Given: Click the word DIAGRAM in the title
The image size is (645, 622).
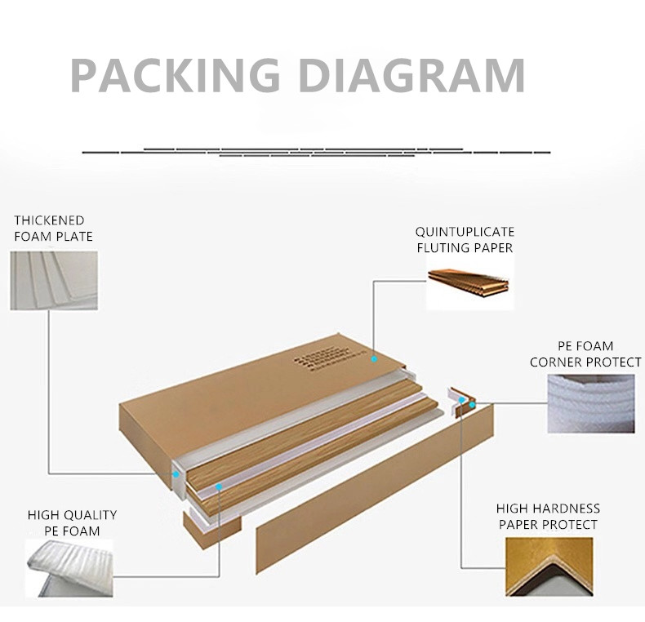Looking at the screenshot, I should (x=409, y=76).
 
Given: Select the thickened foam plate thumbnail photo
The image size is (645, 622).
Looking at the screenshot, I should (x=54, y=280).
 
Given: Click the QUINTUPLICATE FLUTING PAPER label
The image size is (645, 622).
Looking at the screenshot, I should (x=465, y=240).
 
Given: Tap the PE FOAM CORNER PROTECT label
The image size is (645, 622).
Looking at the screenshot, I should (x=585, y=354).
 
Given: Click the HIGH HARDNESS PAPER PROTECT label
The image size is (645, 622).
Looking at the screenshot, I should (x=548, y=517).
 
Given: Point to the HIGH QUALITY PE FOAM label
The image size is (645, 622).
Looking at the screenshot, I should (x=72, y=523).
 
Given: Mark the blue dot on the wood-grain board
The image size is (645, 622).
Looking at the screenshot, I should (x=219, y=486).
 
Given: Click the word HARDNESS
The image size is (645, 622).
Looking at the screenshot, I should (x=563, y=509).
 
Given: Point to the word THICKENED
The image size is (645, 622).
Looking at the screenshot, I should (x=49, y=220).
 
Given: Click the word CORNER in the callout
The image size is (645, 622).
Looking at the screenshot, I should (x=559, y=362).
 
